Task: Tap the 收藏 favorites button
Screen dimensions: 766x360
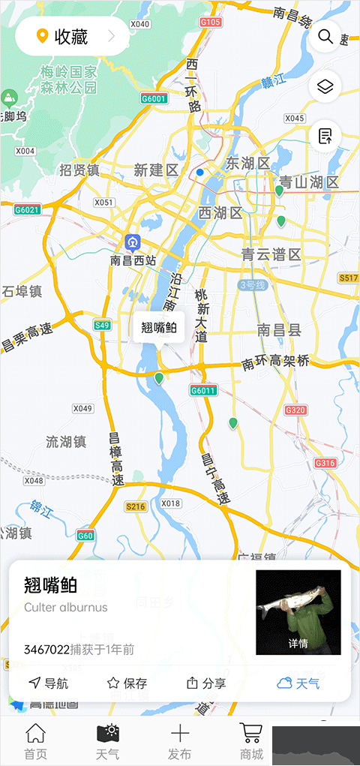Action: [72, 36]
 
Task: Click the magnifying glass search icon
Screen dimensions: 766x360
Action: [325, 36]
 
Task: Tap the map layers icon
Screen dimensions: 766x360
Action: [325, 87]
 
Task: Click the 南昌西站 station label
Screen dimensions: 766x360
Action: [133, 260]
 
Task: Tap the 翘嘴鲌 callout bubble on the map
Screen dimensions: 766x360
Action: [159, 328]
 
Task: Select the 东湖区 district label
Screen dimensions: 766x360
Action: [247, 164]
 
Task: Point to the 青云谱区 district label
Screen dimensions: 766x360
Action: [271, 254]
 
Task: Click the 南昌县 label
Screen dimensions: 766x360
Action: [279, 329]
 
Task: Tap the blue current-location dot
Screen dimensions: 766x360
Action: [199, 173]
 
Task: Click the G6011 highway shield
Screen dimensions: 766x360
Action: [202, 390]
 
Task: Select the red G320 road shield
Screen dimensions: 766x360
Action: [295, 410]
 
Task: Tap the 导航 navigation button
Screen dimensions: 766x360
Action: [49, 683]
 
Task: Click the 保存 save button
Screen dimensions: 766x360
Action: [127, 683]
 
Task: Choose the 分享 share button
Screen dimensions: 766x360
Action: [206, 683]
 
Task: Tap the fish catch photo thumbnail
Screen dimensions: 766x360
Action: [298, 612]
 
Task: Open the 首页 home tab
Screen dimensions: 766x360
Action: [35, 740]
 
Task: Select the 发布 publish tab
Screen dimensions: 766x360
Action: [180, 740]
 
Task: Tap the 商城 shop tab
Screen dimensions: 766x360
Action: [251, 740]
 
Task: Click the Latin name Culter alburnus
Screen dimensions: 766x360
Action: [66, 608]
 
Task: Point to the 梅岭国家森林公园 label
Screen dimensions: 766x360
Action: [69, 80]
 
